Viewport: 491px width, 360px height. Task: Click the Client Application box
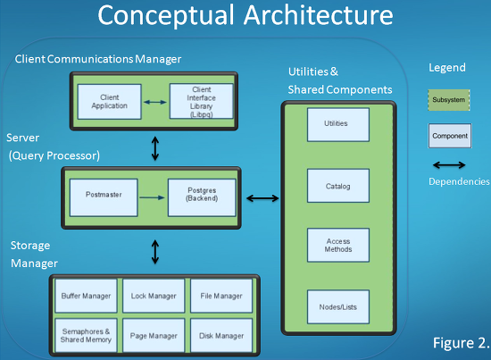click(109, 102)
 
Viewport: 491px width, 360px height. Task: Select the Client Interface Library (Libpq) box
click(202, 101)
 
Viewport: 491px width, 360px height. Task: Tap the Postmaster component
click(104, 197)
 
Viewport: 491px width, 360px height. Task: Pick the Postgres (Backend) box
click(202, 197)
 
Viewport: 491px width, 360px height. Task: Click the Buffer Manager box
click(86, 296)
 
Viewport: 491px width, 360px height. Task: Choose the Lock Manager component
click(154, 296)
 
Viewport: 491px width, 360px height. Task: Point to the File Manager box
click(221, 296)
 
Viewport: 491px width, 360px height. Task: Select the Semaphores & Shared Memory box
click(86, 335)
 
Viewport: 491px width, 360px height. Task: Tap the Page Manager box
click(154, 335)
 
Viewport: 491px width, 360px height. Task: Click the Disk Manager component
click(221, 335)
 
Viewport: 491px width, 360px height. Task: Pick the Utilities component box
click(338, 125)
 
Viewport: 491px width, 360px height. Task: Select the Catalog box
click(338, 186)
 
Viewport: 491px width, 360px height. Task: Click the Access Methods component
click(338, 245)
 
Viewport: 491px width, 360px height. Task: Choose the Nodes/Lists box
click(338, 306)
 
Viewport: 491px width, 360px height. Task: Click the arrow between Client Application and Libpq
click(155, 102)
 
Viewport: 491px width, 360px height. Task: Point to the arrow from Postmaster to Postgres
click(152, 197)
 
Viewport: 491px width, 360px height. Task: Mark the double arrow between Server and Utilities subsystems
click(262, 198)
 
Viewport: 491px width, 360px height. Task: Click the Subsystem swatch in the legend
click(449, 100)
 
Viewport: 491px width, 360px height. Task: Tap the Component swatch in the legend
click(450, 136)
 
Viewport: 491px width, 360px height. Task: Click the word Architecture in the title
click(319, 15)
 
